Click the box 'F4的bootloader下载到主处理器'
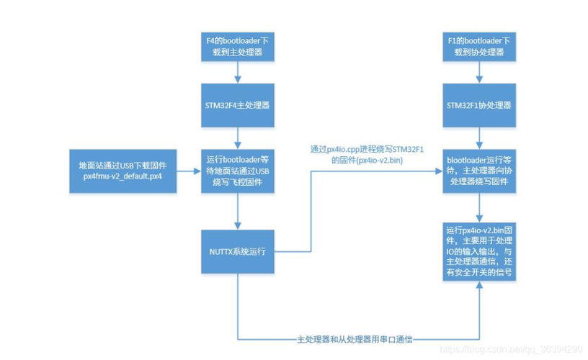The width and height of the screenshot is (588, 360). tap(237, 47)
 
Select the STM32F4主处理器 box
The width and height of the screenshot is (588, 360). tap(237, 104)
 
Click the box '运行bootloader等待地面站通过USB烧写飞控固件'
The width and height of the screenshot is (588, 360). tap(237, 171)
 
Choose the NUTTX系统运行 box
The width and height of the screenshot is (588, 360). tap(237, 251)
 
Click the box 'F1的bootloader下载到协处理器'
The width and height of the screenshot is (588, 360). tap(478, 47)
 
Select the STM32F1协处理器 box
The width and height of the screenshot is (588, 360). tap(478, 104)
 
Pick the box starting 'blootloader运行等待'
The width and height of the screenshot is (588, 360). tap(478, 171)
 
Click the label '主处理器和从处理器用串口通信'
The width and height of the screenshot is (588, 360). tap(358, 338)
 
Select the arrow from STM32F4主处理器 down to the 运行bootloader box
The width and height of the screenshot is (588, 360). tap(237, 136)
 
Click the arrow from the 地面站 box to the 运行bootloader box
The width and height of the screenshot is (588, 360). tap(187, 171)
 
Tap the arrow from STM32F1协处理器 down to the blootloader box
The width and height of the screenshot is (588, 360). tap(478, 136)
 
